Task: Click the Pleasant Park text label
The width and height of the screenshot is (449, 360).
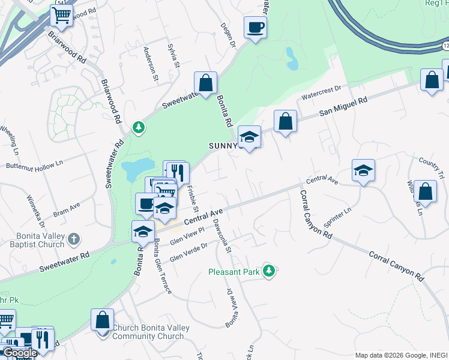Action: [x=234, y=272]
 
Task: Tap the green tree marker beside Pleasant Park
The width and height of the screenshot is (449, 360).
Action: [x=270, y=271]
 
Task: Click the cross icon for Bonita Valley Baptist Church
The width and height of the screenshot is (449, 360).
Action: [x=74, y=239]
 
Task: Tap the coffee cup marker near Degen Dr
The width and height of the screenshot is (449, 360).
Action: [x=255, y=27]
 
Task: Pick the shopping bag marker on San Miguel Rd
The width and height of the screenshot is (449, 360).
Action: [x=286, y=121]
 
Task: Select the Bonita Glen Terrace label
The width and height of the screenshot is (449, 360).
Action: [x=163, y=266]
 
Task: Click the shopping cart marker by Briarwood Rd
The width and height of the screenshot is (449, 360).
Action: [x=61, y=16]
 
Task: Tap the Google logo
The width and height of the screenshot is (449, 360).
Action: [x=19, y=353]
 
